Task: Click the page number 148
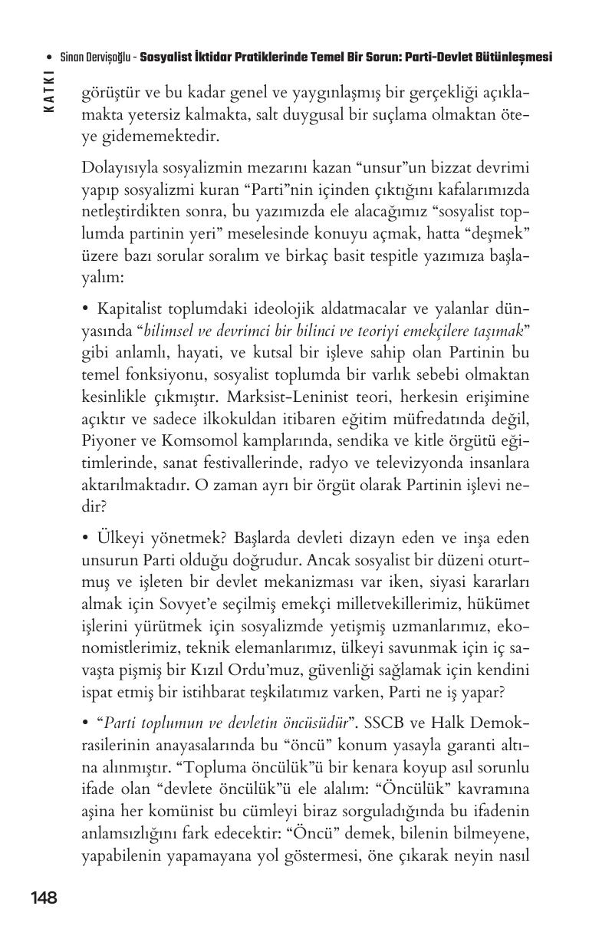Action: (x=44, y=898)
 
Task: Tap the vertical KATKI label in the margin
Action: (x=50, y=91)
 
